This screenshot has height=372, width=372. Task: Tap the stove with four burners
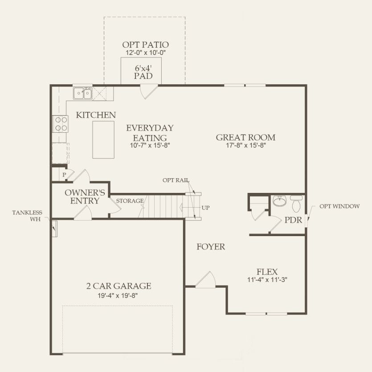pos(60,123)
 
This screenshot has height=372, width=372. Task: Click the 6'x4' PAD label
pos(143,72)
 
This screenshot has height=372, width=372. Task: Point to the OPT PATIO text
pos(145,45)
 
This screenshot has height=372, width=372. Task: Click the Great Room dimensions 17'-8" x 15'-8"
pos(245,145)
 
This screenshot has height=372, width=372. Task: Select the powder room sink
pos(279,202)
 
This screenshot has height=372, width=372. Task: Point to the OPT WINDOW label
pos(339,207)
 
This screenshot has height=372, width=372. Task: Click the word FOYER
pos(211,246)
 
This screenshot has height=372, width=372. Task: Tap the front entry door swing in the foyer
pos(206,280)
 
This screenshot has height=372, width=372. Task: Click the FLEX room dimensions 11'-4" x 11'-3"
pos(267,280)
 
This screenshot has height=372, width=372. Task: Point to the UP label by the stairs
pos(205,208)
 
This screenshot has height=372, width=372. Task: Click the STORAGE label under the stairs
pos(130,201)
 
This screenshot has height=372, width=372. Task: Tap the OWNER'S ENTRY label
pos(85,196)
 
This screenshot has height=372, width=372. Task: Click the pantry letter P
pos(64,175)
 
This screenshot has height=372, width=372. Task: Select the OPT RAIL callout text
pos(176,180)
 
